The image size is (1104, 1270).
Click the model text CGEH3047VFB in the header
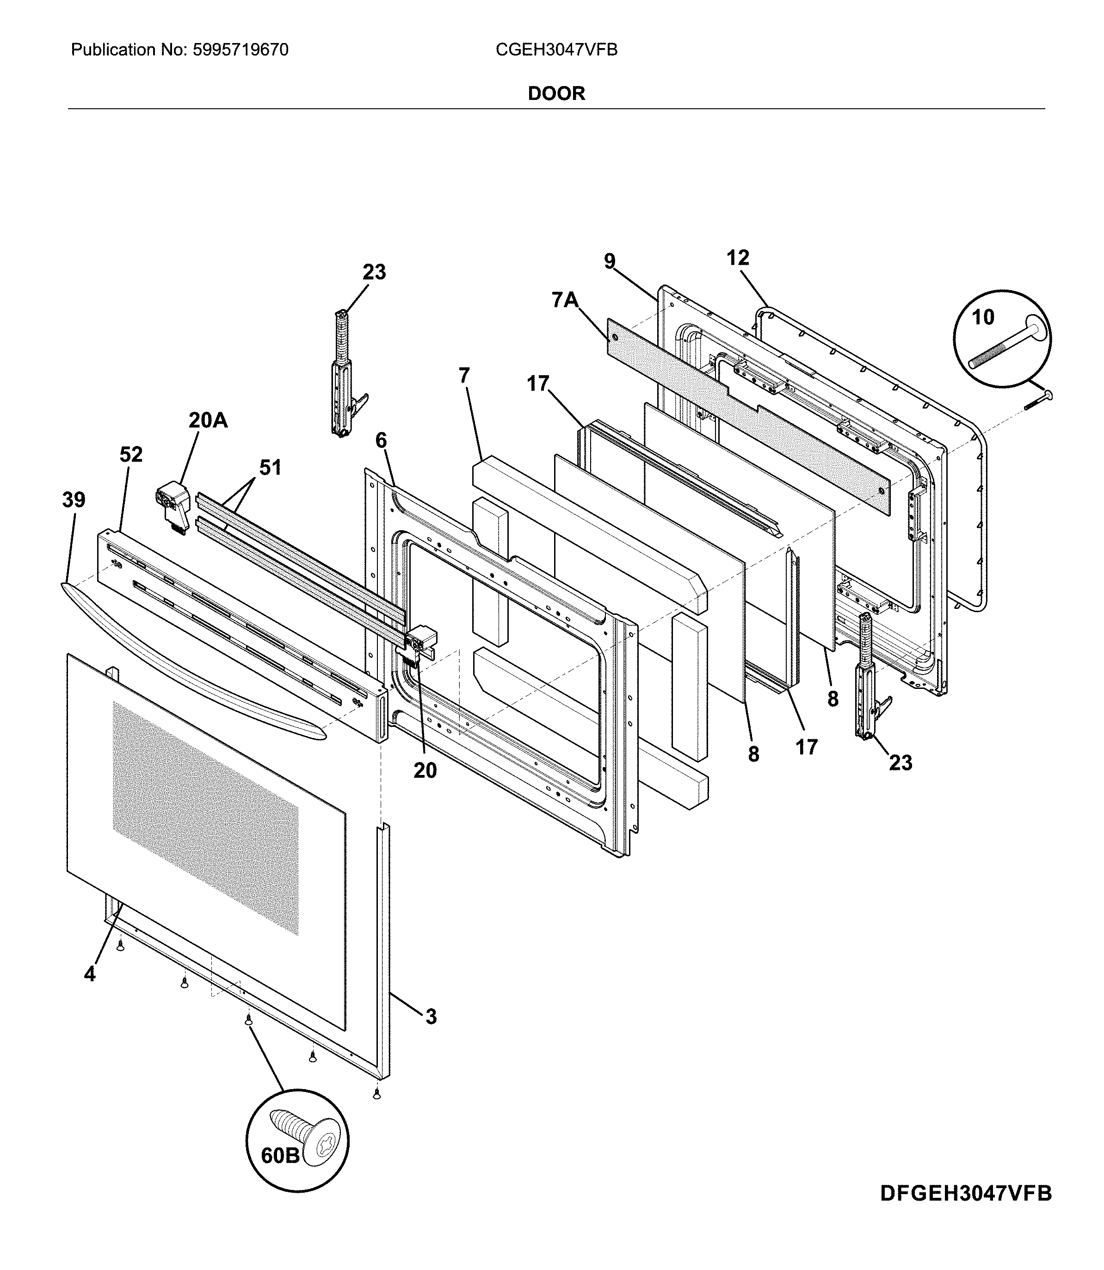pos(556,50)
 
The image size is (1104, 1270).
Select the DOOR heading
pos(556,93)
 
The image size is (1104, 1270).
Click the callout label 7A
pos(564,301)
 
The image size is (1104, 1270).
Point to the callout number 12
pos(737,258)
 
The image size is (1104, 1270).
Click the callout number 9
pos(609,262)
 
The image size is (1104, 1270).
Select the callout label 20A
pos(208,420)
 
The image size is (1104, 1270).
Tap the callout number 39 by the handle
pos(74,500)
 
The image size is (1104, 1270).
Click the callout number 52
pos(130,454)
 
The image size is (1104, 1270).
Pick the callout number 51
pos(270,468)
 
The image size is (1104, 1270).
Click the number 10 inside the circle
pos(983,317)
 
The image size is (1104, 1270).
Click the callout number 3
pos(431,1016)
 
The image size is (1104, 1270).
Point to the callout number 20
pos(425,770)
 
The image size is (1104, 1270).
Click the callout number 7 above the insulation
pos(464,375)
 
